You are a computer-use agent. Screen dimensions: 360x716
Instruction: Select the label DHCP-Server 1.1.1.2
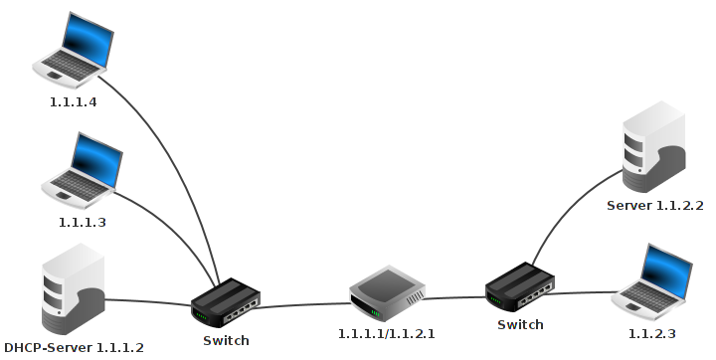(x=75, y=348)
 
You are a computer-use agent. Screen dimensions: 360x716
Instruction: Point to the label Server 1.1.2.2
(x=655, y=206)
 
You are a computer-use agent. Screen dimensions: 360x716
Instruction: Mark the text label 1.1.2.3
(x=652, y=331)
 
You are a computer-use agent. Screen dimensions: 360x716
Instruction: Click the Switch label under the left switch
(x=226, y=341)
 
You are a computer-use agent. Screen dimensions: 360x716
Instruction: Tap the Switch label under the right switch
(x=520, y=325)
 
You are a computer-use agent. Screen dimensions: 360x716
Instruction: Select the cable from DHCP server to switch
(x=149, y=300)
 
